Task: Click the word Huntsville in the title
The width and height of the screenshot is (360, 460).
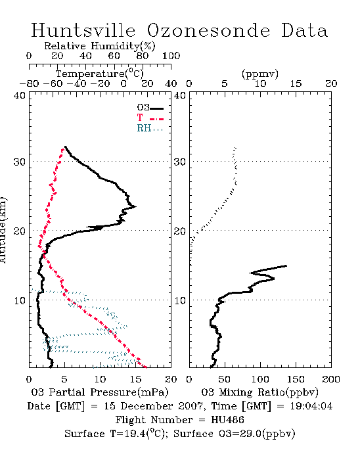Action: pyautogui.click(x=83, y=30)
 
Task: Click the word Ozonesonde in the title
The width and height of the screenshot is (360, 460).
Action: pyautogui.click(x=208, y=30)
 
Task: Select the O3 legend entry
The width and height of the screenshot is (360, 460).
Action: pyautogui.click(x=150, y=108)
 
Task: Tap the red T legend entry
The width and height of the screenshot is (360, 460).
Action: pyautogui.click(x=150, y=118)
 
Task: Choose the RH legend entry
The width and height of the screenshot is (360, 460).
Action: pyautogui.click(x=150, y=128)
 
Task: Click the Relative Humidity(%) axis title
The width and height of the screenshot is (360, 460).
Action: pyautogui.click(x=100, y=46)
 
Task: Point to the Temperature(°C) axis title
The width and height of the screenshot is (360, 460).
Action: pyautogui.click(x=100, y=74)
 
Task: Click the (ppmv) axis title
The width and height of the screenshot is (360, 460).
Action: pyautogui.click(x=260, y=74)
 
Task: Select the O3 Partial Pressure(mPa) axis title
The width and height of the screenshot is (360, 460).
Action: pyautogui.click(x=100, y=392)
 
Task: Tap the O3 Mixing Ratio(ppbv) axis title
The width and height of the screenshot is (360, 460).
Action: pyautogui.click(x=259, y=392)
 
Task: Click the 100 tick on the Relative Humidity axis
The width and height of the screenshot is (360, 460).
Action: pyautogui.click(x=171, y=55)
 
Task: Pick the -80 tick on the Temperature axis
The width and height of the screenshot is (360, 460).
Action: pyautogui.click(x=29, y=83)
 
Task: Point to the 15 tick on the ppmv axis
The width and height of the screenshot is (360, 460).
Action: pyautogui.click(x=296, y=83)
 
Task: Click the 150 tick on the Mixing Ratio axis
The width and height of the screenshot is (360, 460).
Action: pyautogui.click(x=296, y=379)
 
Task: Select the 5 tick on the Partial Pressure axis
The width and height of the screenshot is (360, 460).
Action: pyautogui.click(x=64, y=379)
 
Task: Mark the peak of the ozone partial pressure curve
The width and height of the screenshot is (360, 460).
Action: pyautogui.click(x=135, y=206)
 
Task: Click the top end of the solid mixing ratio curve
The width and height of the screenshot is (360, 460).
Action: pyautogui.click(x=286, y=265)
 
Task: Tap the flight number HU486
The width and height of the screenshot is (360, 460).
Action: pyautogui.click(x=227, y=420)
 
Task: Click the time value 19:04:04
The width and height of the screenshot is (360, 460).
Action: pyautogui.click(x=311, y=406)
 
